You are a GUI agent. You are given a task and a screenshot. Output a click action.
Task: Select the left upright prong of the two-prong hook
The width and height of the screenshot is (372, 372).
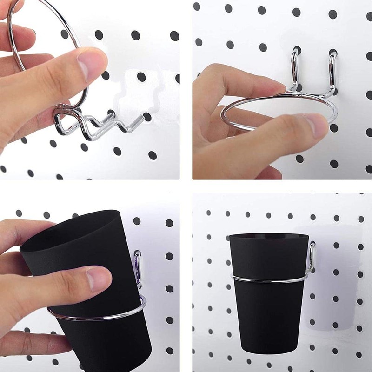pos(294,70)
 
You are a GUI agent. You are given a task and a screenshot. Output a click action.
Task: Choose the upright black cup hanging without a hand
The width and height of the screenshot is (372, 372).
pos(269,298)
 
